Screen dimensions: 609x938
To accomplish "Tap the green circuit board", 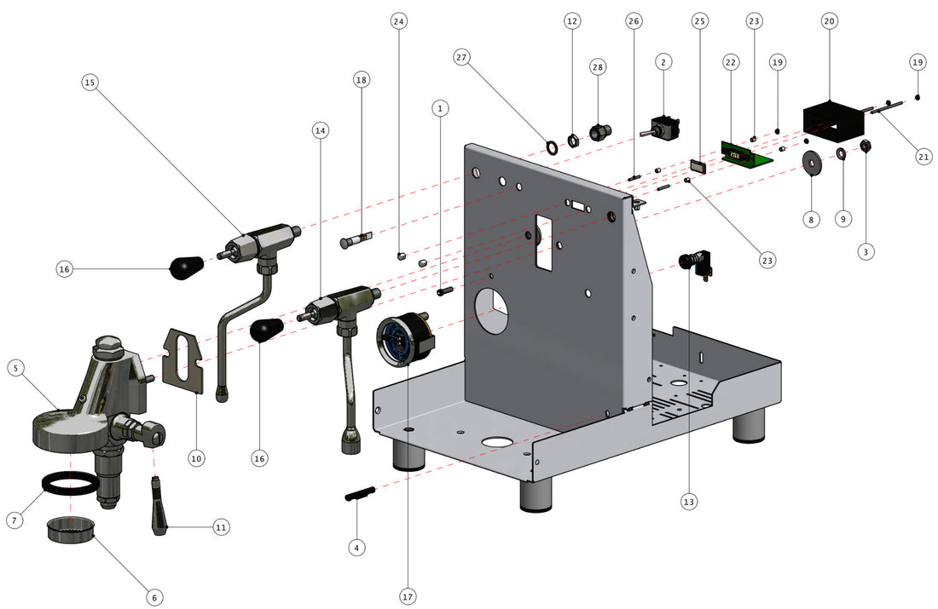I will (745, 154).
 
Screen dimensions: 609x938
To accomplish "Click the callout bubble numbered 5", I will (16, 368).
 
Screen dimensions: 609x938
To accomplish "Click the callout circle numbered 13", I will (689, 502).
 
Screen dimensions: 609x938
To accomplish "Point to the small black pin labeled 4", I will (361, 496).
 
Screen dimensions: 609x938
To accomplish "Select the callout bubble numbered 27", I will (462, 57).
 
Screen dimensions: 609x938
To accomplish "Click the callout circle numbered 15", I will (90, 83).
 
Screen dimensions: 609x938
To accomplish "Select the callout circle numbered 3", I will (866, 251).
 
